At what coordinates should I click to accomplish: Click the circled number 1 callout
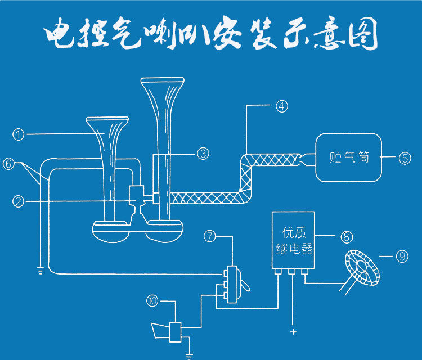pyautogui.click(x=19, y=134)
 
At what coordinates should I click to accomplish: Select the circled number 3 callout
pyautogui.click(x=204, y=152)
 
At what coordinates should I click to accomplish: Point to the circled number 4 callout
pyautogui.click(x=282, y=105)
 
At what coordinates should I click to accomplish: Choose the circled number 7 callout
pyautogui.click(x=210, y=237)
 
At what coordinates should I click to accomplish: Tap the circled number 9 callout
pyautogui.click(x=401, y=256)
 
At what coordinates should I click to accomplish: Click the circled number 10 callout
pyautogui.click(x=152, y=301)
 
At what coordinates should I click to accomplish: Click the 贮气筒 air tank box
pyautogui.click(x=348, y=157)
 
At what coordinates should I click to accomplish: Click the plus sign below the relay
pyautogui.click(x=293, y=332)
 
